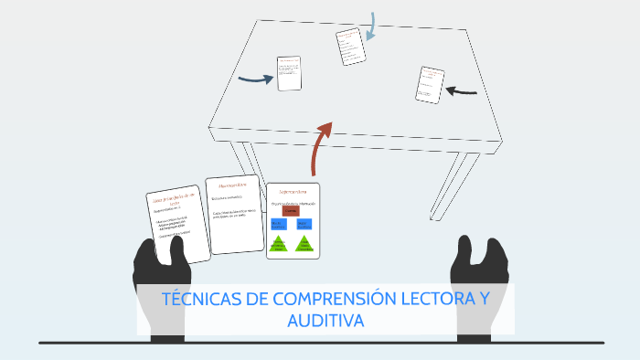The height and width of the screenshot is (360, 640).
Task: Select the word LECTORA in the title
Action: coord(425,301)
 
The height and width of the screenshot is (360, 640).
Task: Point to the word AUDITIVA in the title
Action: coord(325,321)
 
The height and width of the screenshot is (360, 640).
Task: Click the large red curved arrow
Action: coord(320,146)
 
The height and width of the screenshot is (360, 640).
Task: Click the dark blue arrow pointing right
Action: coord(256,79)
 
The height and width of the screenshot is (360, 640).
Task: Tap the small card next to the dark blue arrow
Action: coord(289,73)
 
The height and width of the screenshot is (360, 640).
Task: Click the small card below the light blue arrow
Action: coord(348,47)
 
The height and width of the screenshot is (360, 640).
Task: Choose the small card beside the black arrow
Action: coord(429,84)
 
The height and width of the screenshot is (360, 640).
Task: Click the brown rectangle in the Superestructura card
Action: coord(291,210)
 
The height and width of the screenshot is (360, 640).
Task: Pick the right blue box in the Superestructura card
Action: coord(304,224)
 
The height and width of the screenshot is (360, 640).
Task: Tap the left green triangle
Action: coord(280,244)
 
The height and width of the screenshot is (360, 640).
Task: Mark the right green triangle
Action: coord(304,244)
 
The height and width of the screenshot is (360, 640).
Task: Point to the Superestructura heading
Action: coord(293,192)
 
